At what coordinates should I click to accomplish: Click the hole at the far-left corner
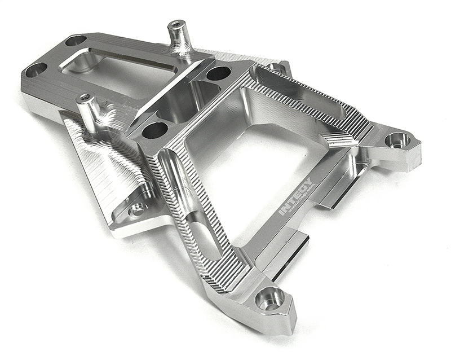(x=36, y=69)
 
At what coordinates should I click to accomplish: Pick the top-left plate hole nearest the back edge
(x=76, y=41)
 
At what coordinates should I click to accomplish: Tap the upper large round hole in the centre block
(x=218, y=73)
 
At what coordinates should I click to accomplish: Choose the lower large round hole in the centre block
(x=155, y=130)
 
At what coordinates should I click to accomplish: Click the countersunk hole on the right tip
(x=398, y=139)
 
